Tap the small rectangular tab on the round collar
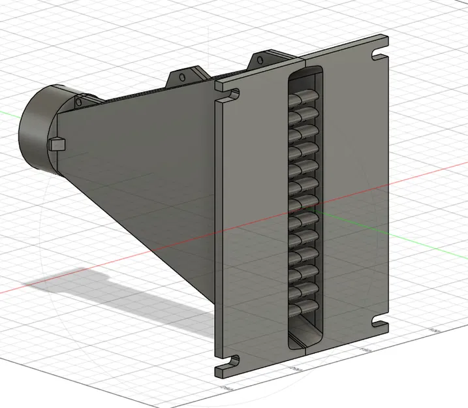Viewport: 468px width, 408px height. pyautogui.click(x=57, y=143)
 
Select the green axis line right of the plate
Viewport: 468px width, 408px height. pyautogui.click(x=424, y=196)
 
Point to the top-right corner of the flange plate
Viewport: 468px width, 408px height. pyautogui.click(x=389, y=35)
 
